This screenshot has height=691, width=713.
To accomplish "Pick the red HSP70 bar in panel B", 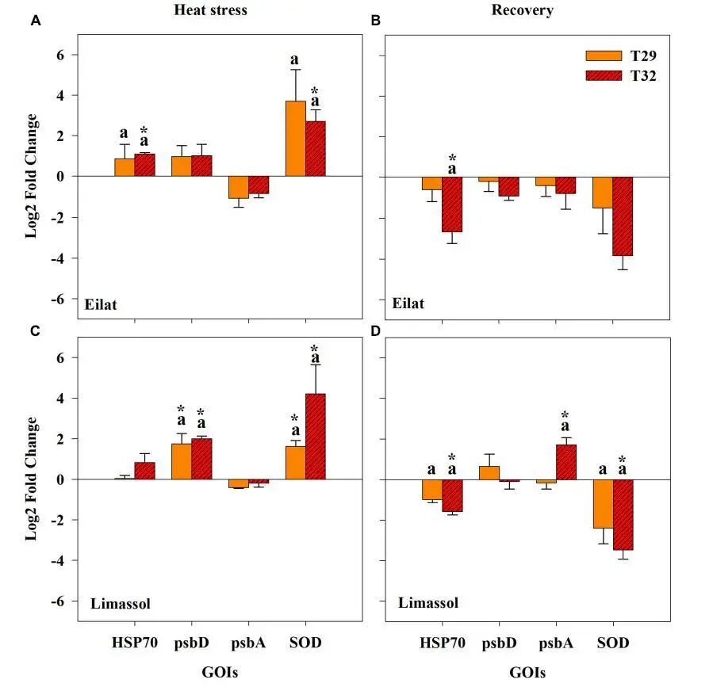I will (452, 204).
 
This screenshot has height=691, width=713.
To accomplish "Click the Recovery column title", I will (522, 10).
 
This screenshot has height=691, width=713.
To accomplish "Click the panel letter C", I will (35, 331).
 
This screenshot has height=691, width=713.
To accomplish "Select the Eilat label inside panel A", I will (102, 304).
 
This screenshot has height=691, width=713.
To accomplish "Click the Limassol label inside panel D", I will (428, 603).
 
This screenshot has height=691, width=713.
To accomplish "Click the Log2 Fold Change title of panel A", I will (32, 177).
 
